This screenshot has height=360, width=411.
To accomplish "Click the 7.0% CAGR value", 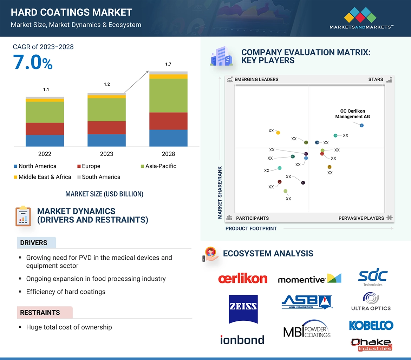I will [x=33, y=62].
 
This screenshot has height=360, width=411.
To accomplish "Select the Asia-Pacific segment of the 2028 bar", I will [x=168, y=95].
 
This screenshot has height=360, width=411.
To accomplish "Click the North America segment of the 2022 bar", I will [x=45, y=140].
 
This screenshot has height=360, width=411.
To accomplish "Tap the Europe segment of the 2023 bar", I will [x=106, y=127].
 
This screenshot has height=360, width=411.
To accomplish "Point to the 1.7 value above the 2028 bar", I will [x=168, y=64].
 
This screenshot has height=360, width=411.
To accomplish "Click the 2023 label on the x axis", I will [x=106, y=154].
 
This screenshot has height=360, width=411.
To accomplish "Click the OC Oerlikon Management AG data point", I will [x=362, y=125].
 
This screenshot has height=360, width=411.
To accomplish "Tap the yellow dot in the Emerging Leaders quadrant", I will [x=278, y=133].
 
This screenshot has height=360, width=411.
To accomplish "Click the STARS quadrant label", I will [x=376, y=79].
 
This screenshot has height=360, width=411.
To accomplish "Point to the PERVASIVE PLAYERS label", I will [x=361, y=218].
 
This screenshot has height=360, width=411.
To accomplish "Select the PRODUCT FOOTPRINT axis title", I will [x=251, y=228].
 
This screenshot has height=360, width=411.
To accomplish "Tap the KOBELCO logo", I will [x=371, y=325].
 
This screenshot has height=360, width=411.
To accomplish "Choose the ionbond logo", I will [x=242, y=340].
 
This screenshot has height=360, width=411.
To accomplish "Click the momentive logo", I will [x=309, y=279].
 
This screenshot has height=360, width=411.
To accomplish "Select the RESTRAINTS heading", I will [x=40, y=313].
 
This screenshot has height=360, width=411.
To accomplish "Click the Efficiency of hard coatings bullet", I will [x=66, y=292].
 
